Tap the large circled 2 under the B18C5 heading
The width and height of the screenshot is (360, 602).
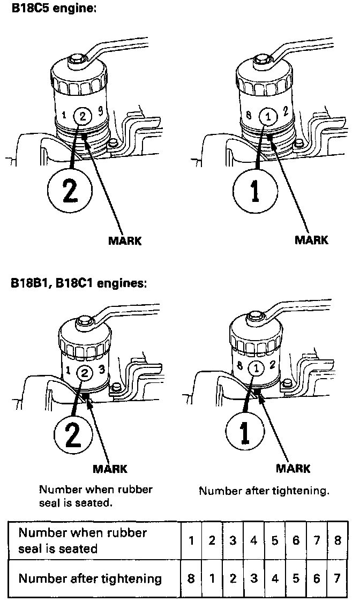click(70, 191)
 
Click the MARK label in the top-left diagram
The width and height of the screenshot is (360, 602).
click(125, 240)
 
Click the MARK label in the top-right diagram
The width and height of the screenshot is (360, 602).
click(311, 239)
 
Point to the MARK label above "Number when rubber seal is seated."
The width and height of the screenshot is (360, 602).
click(110, 469)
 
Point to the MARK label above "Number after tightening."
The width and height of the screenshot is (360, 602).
click(293, 469)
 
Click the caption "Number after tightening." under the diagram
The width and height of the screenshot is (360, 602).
click(264, 491)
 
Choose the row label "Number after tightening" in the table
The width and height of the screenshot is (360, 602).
click(90, 578)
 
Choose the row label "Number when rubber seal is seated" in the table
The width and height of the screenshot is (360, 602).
click(82, 540)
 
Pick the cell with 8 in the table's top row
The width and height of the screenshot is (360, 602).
click(337, 540)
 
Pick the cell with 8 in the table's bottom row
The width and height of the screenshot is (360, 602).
click(191, 578)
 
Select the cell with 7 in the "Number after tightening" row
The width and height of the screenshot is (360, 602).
click(337, 578)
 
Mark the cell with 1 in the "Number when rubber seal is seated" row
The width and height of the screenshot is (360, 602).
click(191, 540)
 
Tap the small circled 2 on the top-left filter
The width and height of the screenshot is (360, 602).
click(82, 114)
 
